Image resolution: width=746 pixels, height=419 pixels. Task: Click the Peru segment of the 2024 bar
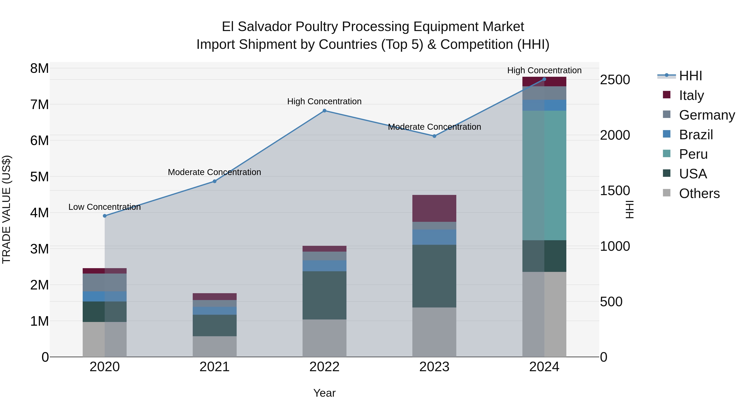click(x=544, y=175)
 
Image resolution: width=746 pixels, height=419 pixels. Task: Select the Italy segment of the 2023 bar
click(x=434, y=208)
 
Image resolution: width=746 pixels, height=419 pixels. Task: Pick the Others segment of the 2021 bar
click(x=215, y=346)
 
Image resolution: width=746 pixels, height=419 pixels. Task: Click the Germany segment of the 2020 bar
click(x=105, y=282)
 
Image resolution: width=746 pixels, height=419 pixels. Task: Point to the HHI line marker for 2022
click(x=324, y=111)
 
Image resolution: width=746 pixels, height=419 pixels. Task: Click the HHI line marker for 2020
click(x=105, y=216)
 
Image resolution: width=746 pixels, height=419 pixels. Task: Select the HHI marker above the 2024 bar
click(x=544, y=79)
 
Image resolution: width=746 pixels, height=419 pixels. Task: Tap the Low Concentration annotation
click(x=105, y=207)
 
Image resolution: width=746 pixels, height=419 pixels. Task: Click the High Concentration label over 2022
click(x=324, y=102)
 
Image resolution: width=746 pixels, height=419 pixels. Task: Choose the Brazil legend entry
click(x=696, y=135)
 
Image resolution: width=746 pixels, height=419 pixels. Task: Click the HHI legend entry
click(x=690, y=76)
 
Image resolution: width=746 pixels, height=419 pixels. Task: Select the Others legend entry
click(x=699, y=193)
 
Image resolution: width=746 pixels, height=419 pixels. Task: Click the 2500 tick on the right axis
click(x=615, y=80)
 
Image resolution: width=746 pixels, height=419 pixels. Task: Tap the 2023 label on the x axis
click(x=434, y=367)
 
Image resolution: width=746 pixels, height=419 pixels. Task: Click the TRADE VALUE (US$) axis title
click(x=6, y=209)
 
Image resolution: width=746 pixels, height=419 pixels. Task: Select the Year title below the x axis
click(x=324, y=393)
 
